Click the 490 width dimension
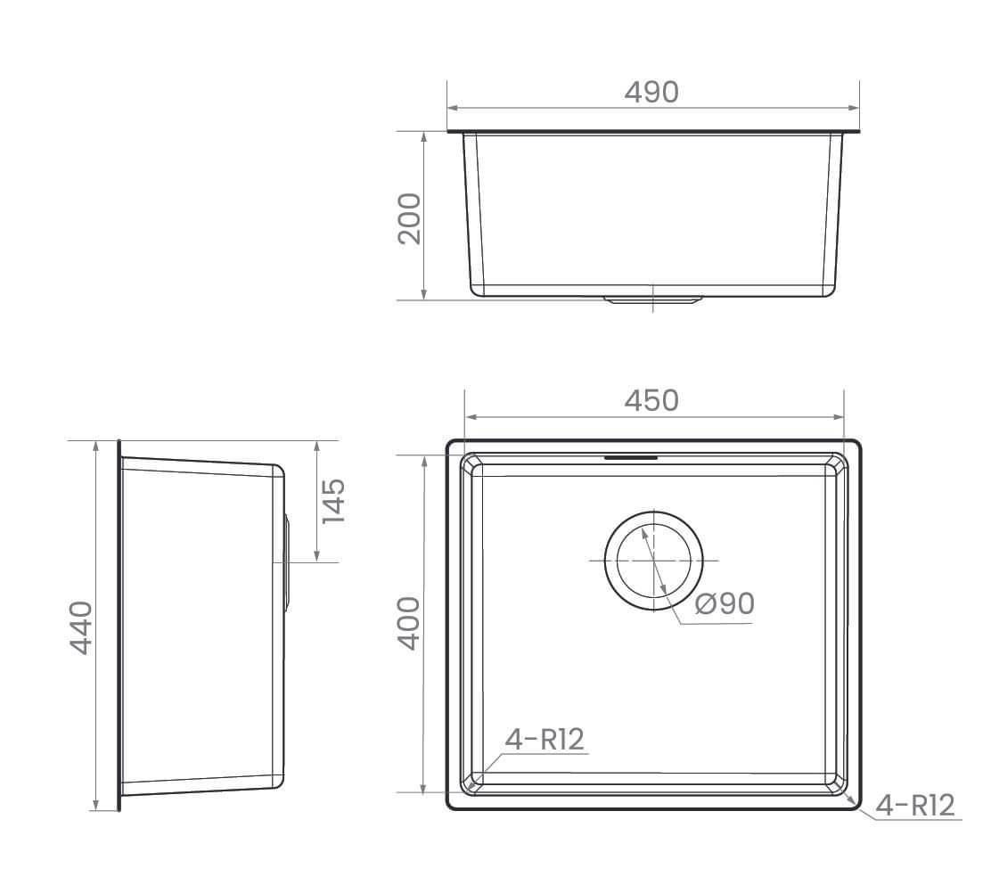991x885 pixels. click(x=651, y=92)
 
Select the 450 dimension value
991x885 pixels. click(x=651, y=401)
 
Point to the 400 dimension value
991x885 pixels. click(x=407, y=623)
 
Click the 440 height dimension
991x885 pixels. click(x=81, y=627)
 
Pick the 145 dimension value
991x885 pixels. click(x=332, y=501)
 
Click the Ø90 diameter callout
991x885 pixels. click(x=724, y=603)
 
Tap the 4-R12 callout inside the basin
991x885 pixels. click(x=545, y=739)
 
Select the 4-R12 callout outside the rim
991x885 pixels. click(x=915, y=806)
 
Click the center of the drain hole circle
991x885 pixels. click(x=653, y=561)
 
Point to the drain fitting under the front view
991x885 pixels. click(x=653, y=300)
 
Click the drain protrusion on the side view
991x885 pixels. click(x=287, y=561)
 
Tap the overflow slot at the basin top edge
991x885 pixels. click(x=631, y=458)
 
